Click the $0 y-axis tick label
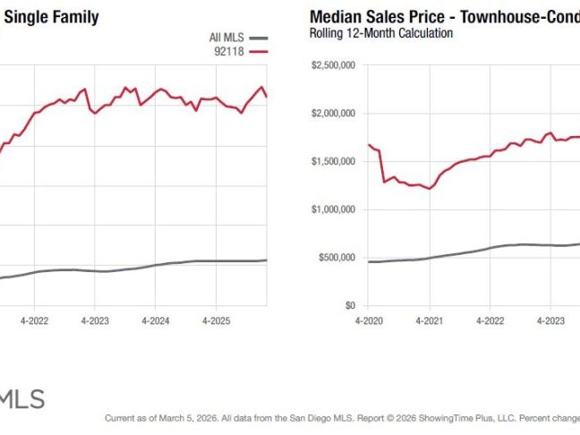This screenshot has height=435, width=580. (x=350, y=306)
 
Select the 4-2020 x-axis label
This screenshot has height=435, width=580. (x=369, y=320)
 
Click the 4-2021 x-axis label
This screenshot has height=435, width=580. (x=429, y=320)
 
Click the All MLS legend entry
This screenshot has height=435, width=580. (x=226, y=38)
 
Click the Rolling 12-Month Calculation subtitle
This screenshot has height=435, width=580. (x=380, y=33)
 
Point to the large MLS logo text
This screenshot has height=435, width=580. (x=21, y=399)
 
